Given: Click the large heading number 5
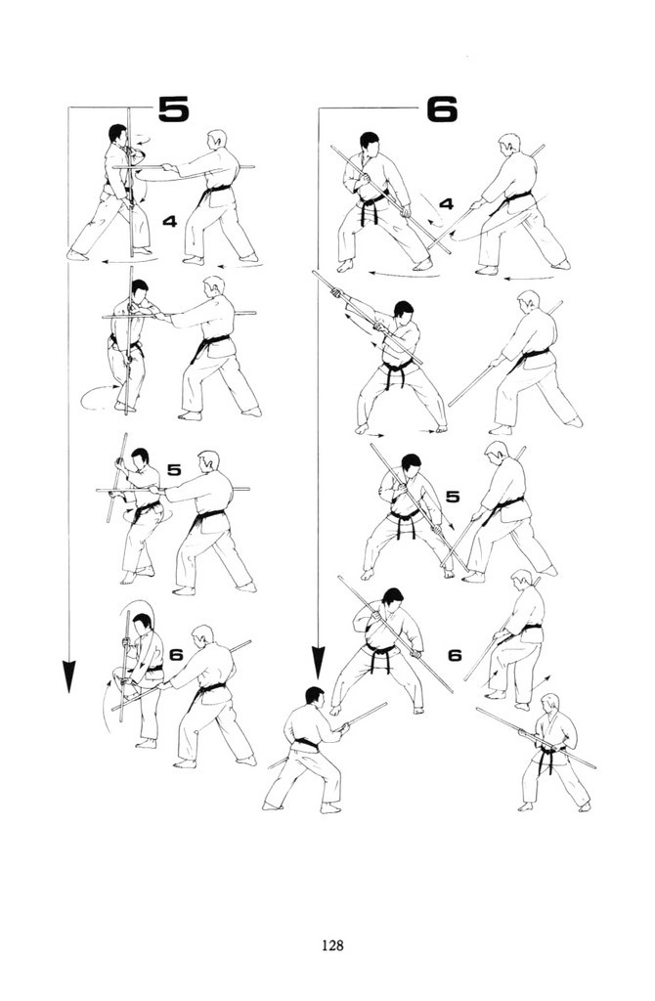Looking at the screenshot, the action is pos(174,109).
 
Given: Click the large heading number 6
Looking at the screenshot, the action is pos(442,109).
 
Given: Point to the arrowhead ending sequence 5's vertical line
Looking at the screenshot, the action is pos(69,676).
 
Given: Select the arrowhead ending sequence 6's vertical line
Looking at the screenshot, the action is pos(318,663).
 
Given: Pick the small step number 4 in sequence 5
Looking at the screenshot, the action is pos(169,222).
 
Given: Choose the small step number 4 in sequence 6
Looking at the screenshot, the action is pos(446,204).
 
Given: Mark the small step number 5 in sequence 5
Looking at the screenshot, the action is pos(174,470).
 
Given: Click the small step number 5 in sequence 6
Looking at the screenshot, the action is pos(453,497).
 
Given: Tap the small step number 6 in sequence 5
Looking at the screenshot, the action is pos(176,654).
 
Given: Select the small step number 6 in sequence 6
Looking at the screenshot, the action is pos(455,655).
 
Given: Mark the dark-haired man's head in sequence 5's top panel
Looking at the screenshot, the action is pos(117,134).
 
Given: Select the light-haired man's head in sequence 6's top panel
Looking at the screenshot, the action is pos(508,145).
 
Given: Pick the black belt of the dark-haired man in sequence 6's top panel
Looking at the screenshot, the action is pos(372,205).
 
